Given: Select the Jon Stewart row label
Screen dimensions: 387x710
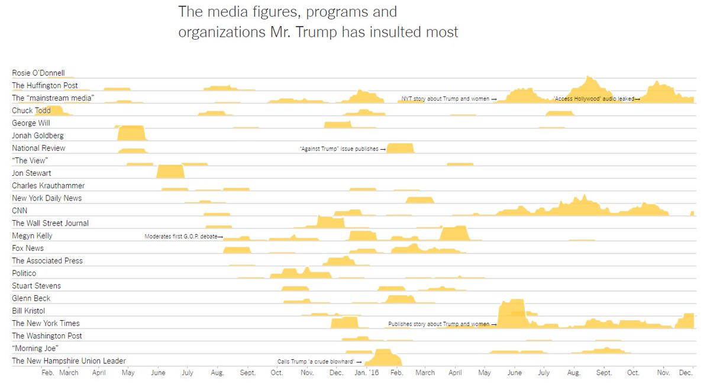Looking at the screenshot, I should point(31,173).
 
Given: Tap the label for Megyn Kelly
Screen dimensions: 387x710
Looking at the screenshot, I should point(32,236).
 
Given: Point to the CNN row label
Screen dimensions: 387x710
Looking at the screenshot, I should point(20,211).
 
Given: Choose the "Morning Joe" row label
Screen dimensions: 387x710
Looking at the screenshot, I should point(35,349).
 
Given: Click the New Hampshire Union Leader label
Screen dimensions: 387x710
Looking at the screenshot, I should point(69,361).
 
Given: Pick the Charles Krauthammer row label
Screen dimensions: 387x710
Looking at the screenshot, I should point(49,186).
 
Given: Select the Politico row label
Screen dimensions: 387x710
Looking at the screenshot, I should point(24,273).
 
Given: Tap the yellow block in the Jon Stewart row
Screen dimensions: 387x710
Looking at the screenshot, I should point(170,172).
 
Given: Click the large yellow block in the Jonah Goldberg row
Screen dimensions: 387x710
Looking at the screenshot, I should point(131,133).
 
